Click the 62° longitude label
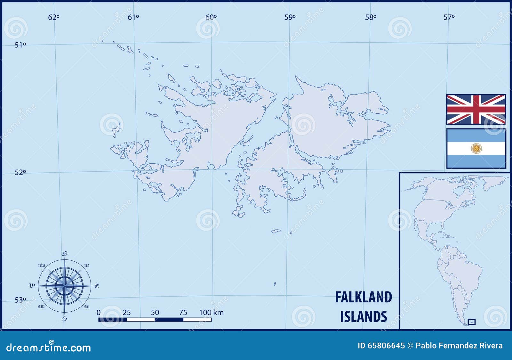pos(54,17)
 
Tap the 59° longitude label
pos(290,17)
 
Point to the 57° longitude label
pos(449,17)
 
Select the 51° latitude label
pos(20,45)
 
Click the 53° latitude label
pos(20,300)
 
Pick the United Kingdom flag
pos(476,110)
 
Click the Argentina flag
pos(476,149)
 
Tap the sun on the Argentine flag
pos(476,148)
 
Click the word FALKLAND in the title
pos(364,297)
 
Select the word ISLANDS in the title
pos(364,316)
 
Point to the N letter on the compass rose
pos(65,254)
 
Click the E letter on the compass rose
pos(97,286)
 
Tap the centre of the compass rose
pos(65,286)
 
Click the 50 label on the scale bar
pos(155,312)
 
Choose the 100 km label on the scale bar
pos(211,312)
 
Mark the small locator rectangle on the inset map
pos(471,322)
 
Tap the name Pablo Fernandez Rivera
pos(459,346)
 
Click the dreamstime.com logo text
pos(49,347)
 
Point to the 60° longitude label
pos(211,17)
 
